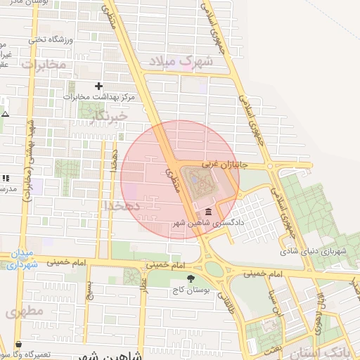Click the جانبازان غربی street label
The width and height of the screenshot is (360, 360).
221,164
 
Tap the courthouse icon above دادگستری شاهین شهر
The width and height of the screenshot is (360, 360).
207,213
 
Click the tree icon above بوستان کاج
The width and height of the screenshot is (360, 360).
190,278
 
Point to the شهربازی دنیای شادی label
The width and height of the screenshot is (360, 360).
314,250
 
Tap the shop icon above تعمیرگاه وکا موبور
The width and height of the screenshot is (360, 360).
18,345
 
